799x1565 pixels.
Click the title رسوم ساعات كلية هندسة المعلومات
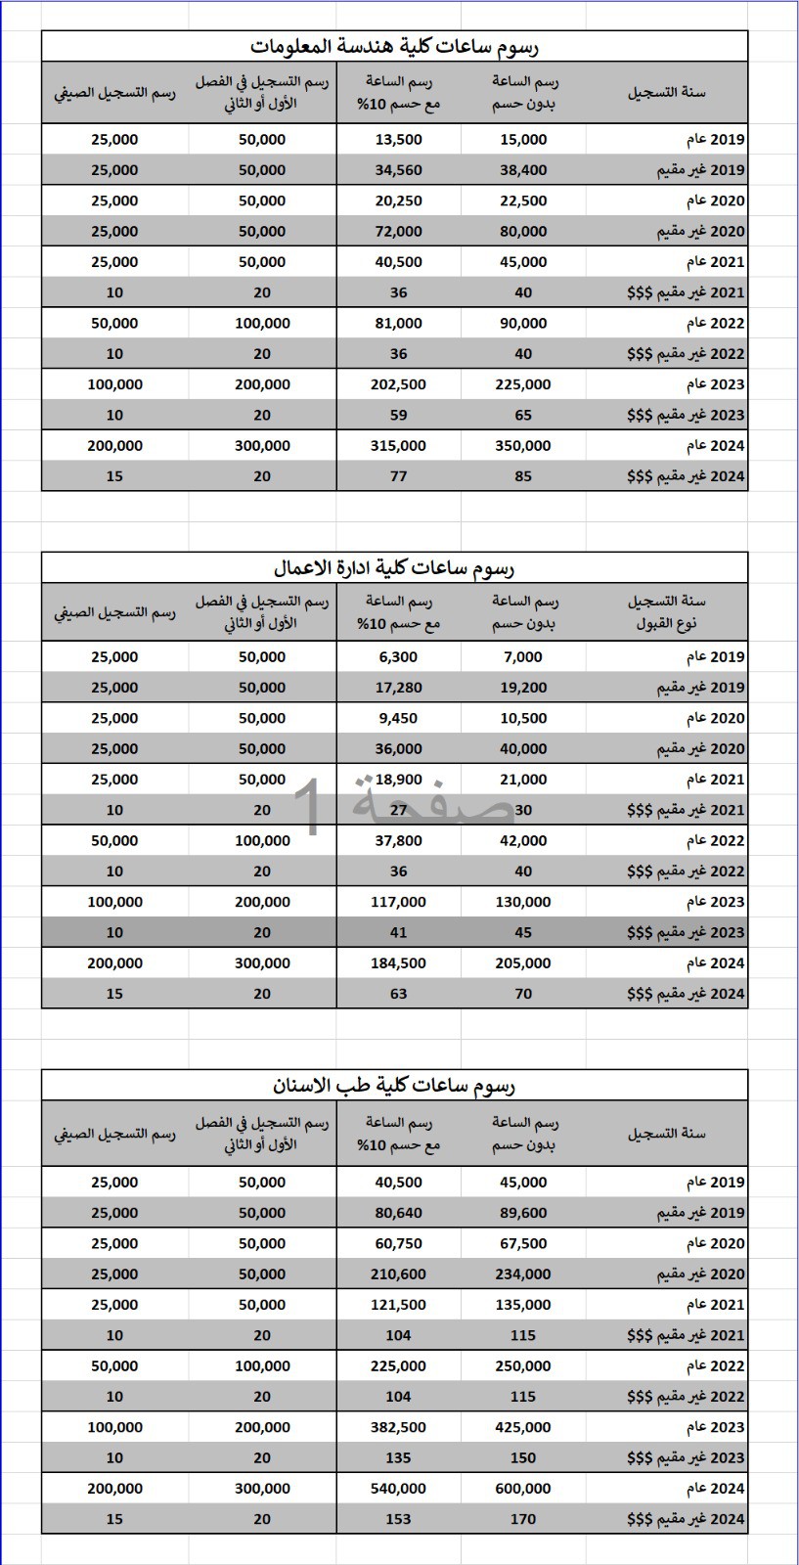tap(394, 47)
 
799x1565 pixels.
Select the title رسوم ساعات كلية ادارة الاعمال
tap(394, 567)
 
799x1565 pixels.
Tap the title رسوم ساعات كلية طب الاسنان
tap(394, 1085)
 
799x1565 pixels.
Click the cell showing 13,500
tap(399, 140)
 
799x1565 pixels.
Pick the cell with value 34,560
tap(399, 170)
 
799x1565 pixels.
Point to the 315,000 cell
tap(399, 446)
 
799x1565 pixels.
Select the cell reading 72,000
tap(399, 232)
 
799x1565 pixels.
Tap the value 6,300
tap(399, 657)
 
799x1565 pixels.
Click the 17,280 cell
tap(399, 688)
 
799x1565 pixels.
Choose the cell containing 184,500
tap(399, 963)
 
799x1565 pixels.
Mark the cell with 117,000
tap(399, 902)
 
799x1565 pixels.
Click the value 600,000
tap(523, 1489)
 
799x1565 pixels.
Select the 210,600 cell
tap(399, 1274)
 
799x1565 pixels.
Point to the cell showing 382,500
tap(399, 1427)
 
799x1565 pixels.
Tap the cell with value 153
tap(399, 1519)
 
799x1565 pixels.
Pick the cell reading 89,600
tap(523, 1213)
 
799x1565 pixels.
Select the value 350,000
tap(523, 446)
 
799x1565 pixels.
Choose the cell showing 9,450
tap(399, 719)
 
